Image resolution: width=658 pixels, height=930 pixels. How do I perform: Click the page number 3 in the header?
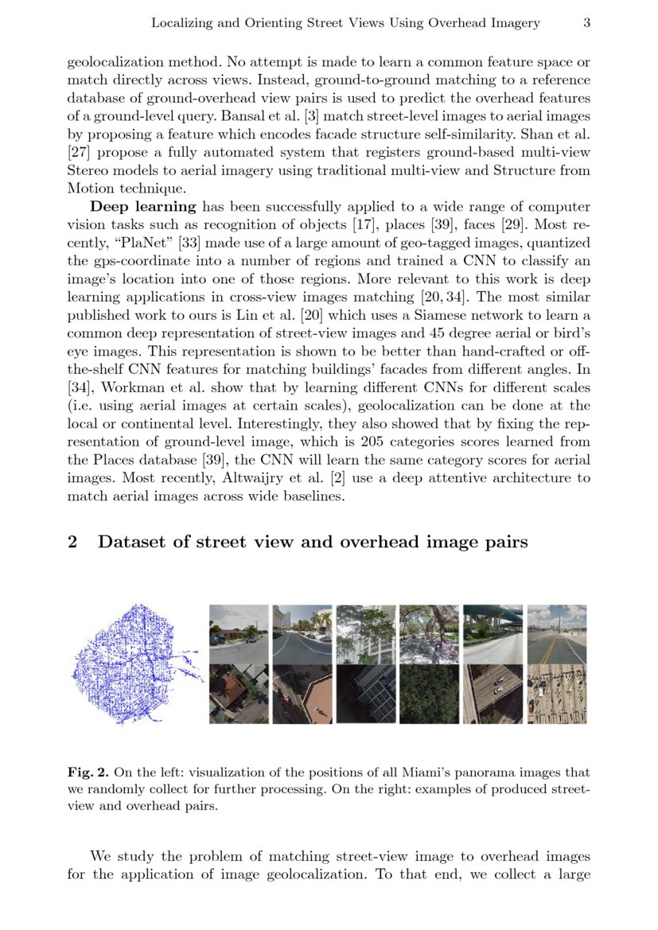click(586, 23)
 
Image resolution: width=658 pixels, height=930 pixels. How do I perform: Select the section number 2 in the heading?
click(72, 543)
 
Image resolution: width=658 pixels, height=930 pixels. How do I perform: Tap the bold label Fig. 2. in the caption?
click(89, 772)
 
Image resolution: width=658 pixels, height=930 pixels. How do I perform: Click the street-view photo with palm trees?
click(302, 634)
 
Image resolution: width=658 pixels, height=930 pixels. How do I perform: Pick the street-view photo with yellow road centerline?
click(557, 634)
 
